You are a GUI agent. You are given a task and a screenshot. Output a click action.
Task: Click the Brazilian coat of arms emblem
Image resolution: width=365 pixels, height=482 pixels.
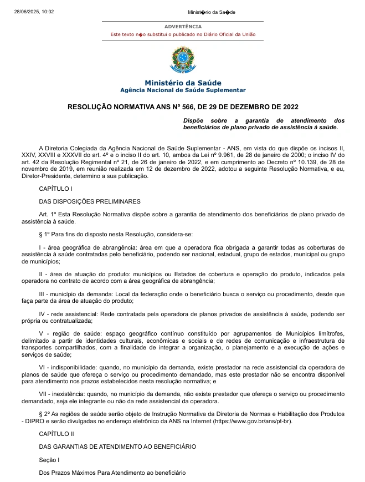(x=182, y=60)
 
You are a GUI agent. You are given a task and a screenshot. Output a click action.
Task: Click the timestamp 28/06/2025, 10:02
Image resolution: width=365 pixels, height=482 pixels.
(x=34, y=11)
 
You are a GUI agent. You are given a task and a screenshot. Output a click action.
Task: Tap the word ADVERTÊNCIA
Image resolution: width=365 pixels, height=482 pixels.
(x=183, y=27)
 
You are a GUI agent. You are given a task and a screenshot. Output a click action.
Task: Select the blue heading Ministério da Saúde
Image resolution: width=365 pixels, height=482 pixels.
(x=183, y=83)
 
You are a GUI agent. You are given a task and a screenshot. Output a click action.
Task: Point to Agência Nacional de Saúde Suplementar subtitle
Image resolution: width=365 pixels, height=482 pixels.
(x=183, y=90)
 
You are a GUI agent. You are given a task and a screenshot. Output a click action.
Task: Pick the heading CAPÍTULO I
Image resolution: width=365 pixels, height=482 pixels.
(x=55, y=189)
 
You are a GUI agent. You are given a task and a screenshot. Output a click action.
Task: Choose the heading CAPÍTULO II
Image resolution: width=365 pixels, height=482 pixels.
(x=56, y=434)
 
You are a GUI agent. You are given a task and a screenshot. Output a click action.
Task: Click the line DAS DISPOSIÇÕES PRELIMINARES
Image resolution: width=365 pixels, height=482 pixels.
(x=89, y=201)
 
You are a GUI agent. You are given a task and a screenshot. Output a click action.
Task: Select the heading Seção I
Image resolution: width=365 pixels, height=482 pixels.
(x=49, y=459)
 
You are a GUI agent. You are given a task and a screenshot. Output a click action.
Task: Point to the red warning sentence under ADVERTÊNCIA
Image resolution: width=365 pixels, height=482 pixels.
(x=183, y=34)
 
